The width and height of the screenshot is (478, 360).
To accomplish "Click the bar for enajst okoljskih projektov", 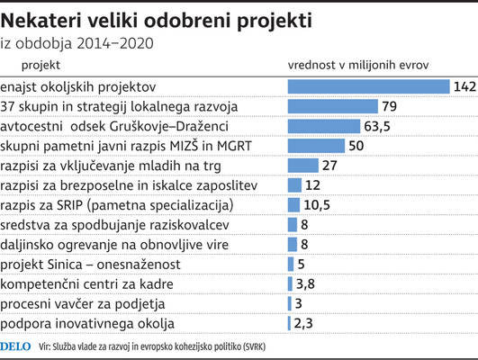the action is coord(368,86).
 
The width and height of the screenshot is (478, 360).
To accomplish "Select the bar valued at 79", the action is coord(332,106).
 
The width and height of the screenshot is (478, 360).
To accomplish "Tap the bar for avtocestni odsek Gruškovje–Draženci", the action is coord(324,126).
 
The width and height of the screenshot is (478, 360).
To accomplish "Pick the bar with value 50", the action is coord(316,146).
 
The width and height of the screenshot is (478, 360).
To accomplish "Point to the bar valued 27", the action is coord(303,166).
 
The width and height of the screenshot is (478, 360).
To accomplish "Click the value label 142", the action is coord(464,87).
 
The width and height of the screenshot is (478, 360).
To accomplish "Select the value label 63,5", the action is coord(377,127).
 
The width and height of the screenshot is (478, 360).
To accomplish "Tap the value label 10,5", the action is coord(317,205).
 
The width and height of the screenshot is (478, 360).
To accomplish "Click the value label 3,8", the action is coord(305,284).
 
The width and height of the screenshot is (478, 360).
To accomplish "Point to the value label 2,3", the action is coord(303,323).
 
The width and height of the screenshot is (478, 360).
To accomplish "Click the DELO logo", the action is coord(15,346).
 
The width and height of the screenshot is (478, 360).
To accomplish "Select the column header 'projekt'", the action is coord(41,65).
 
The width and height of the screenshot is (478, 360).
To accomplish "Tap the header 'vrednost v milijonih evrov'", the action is coord(358,65).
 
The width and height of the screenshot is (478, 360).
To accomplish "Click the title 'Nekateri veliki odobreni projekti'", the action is coord(157,21).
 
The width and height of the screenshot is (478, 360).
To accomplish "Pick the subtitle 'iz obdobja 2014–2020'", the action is coord(77,43).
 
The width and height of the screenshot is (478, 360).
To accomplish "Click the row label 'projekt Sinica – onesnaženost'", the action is coord(90,265).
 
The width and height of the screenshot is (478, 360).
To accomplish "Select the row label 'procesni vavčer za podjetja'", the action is coord(83,304).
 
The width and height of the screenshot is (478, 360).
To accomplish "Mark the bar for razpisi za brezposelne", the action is coord(294,185).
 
